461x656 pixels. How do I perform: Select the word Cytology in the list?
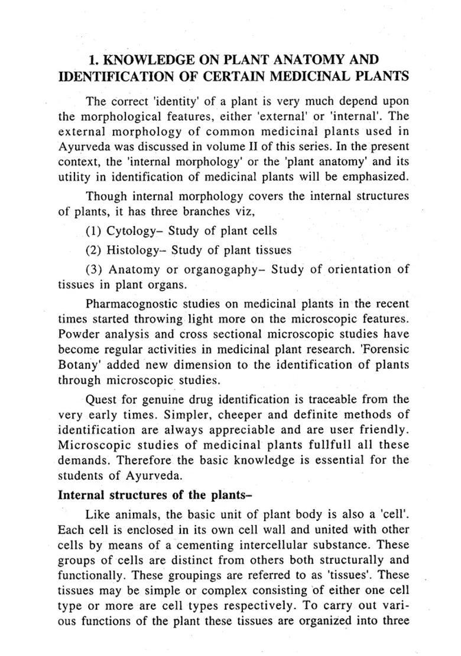click(132, 231)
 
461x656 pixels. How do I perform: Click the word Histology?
click(133, 250)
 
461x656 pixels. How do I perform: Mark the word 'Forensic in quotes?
click(384, 349)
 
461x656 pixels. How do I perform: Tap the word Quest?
click(102, 399)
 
